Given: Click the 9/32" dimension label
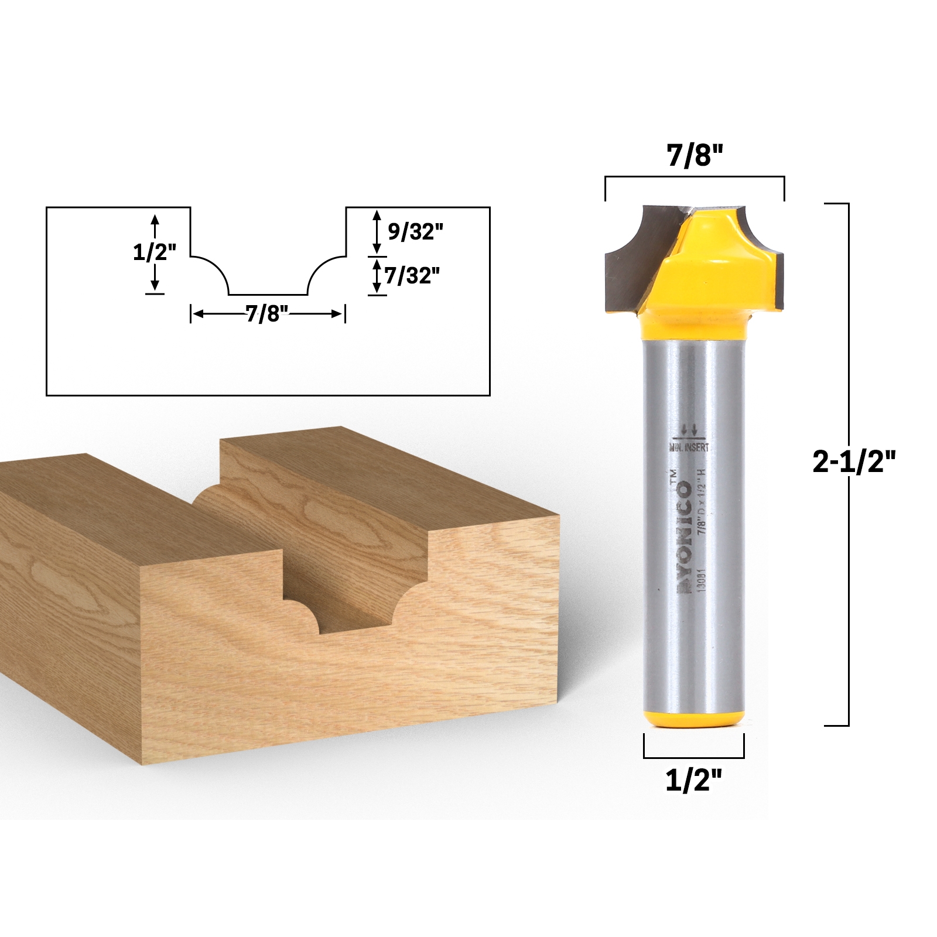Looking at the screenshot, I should (415, 232).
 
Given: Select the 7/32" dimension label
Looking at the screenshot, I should (412, 275).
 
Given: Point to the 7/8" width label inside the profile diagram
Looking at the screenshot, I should (268, 314).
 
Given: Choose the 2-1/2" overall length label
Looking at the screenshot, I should (854, 464).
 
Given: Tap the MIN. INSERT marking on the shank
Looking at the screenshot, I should (689, 447).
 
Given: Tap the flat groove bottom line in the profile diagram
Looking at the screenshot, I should (268, 295).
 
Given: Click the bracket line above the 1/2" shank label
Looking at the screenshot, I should (694, 756).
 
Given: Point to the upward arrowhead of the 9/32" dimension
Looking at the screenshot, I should (377, 214).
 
